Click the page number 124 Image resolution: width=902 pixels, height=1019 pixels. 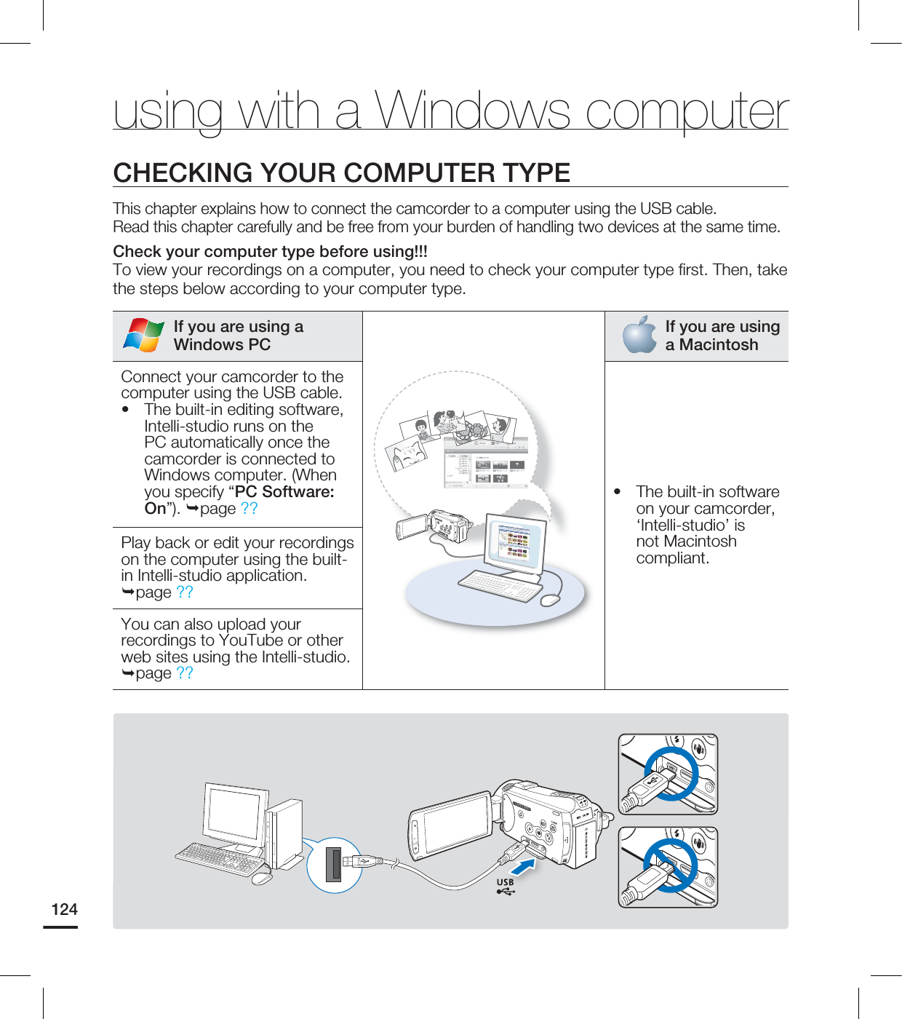tap(64, 909)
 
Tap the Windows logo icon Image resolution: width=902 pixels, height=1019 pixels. tap(143, 336)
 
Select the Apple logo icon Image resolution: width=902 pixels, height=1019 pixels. tap(640, 336)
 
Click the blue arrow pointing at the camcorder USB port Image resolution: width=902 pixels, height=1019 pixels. tap(522, 867)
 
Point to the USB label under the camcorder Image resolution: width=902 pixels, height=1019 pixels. tap(505, 882)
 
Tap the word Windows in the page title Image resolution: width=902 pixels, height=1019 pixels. tap(472, 111)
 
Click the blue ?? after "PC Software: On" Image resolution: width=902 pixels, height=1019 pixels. tap(249, 509)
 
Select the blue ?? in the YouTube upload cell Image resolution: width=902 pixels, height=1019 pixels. tap(185, 673)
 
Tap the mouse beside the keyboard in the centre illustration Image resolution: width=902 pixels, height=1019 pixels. tap(551, 600)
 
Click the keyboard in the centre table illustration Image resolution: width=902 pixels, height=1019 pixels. tap(499, 585)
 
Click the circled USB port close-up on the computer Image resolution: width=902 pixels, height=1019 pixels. tap(335, 864)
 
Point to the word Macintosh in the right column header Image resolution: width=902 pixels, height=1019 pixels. tap(718, 345)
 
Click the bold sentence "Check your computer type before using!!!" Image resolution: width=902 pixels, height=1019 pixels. tap(270, 252)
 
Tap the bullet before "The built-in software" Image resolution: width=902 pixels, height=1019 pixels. tap(618, 492)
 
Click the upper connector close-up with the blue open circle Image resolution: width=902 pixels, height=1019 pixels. tap(668, 774)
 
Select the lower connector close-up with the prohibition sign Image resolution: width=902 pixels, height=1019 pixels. tap(668, 867)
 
